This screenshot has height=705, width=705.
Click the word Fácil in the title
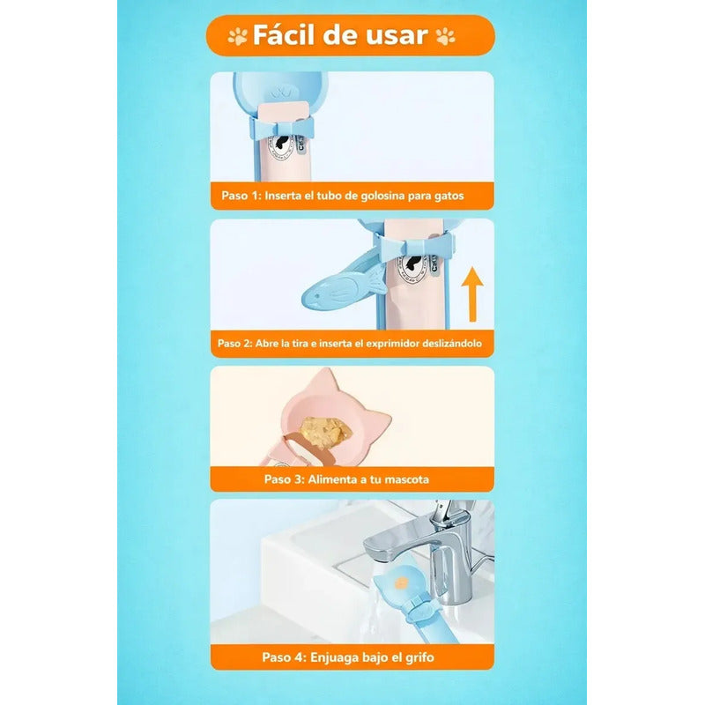coord(286,35)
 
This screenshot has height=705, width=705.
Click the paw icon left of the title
coord(238,36)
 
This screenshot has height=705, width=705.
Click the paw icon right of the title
coord(446,36)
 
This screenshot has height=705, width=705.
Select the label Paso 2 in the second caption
coord(235,343)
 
